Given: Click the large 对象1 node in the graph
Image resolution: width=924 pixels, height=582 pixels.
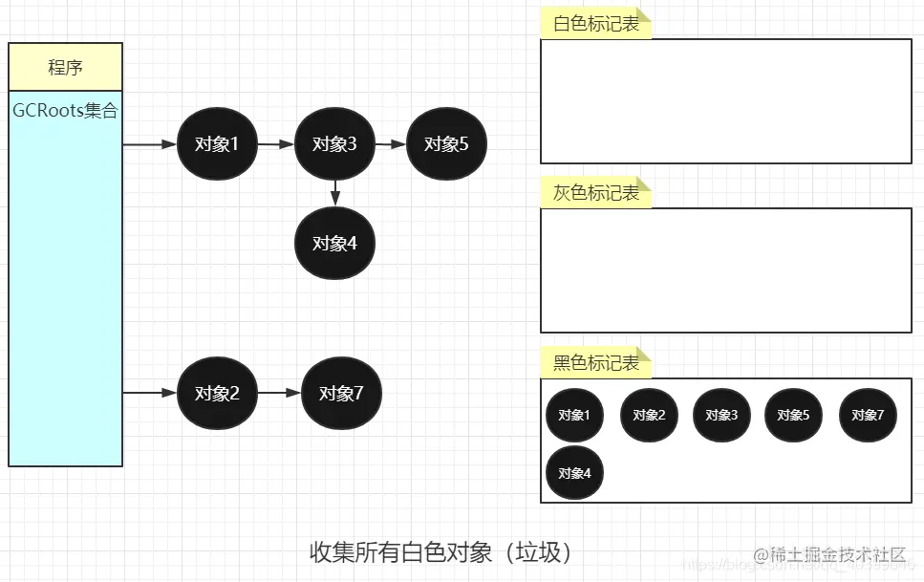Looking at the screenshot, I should (x=217, y=144).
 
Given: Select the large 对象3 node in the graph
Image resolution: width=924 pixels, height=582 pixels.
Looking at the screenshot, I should (x=334, y=144).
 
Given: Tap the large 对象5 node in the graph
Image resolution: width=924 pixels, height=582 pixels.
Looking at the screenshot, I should (x=446, y=144).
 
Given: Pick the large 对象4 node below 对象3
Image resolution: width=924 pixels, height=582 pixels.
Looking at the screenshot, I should (x=334, y=243).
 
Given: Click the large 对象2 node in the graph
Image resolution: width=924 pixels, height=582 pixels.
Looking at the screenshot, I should (x=217, y=393).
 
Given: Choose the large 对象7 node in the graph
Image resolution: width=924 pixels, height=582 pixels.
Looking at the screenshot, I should (x=341, y=393).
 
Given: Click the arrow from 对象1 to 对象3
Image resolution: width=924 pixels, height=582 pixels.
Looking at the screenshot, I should (x=275, y=144).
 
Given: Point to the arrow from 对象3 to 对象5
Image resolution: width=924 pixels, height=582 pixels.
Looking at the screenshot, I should (x=391, y=144).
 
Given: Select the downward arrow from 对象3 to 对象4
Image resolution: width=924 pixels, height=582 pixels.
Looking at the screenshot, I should (x=334, y=191).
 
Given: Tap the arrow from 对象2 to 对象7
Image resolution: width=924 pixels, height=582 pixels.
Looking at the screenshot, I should (x=279, y=393).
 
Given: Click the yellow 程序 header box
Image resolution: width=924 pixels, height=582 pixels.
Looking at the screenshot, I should (x=65, y=67).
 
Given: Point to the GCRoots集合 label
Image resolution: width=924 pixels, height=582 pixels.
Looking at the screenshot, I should (x=65, y=111).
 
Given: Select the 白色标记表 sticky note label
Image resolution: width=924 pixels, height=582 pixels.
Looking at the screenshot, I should (x=596, y=24).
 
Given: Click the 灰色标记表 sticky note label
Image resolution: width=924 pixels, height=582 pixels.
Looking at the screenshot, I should (x=596, y=193).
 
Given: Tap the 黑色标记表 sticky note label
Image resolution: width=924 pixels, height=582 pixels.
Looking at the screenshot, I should (x=596, y=363).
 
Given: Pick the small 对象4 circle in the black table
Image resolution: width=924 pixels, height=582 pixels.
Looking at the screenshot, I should (x=574, y=472).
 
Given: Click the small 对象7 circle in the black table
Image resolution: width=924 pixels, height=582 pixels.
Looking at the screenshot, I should (x=868, y=415).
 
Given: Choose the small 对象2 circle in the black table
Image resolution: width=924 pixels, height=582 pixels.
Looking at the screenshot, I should (x=649, y=415).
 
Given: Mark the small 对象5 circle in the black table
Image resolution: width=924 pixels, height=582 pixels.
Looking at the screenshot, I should (x=793, y=415).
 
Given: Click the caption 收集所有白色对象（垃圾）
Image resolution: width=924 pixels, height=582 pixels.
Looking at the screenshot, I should (x=441, y=552).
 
